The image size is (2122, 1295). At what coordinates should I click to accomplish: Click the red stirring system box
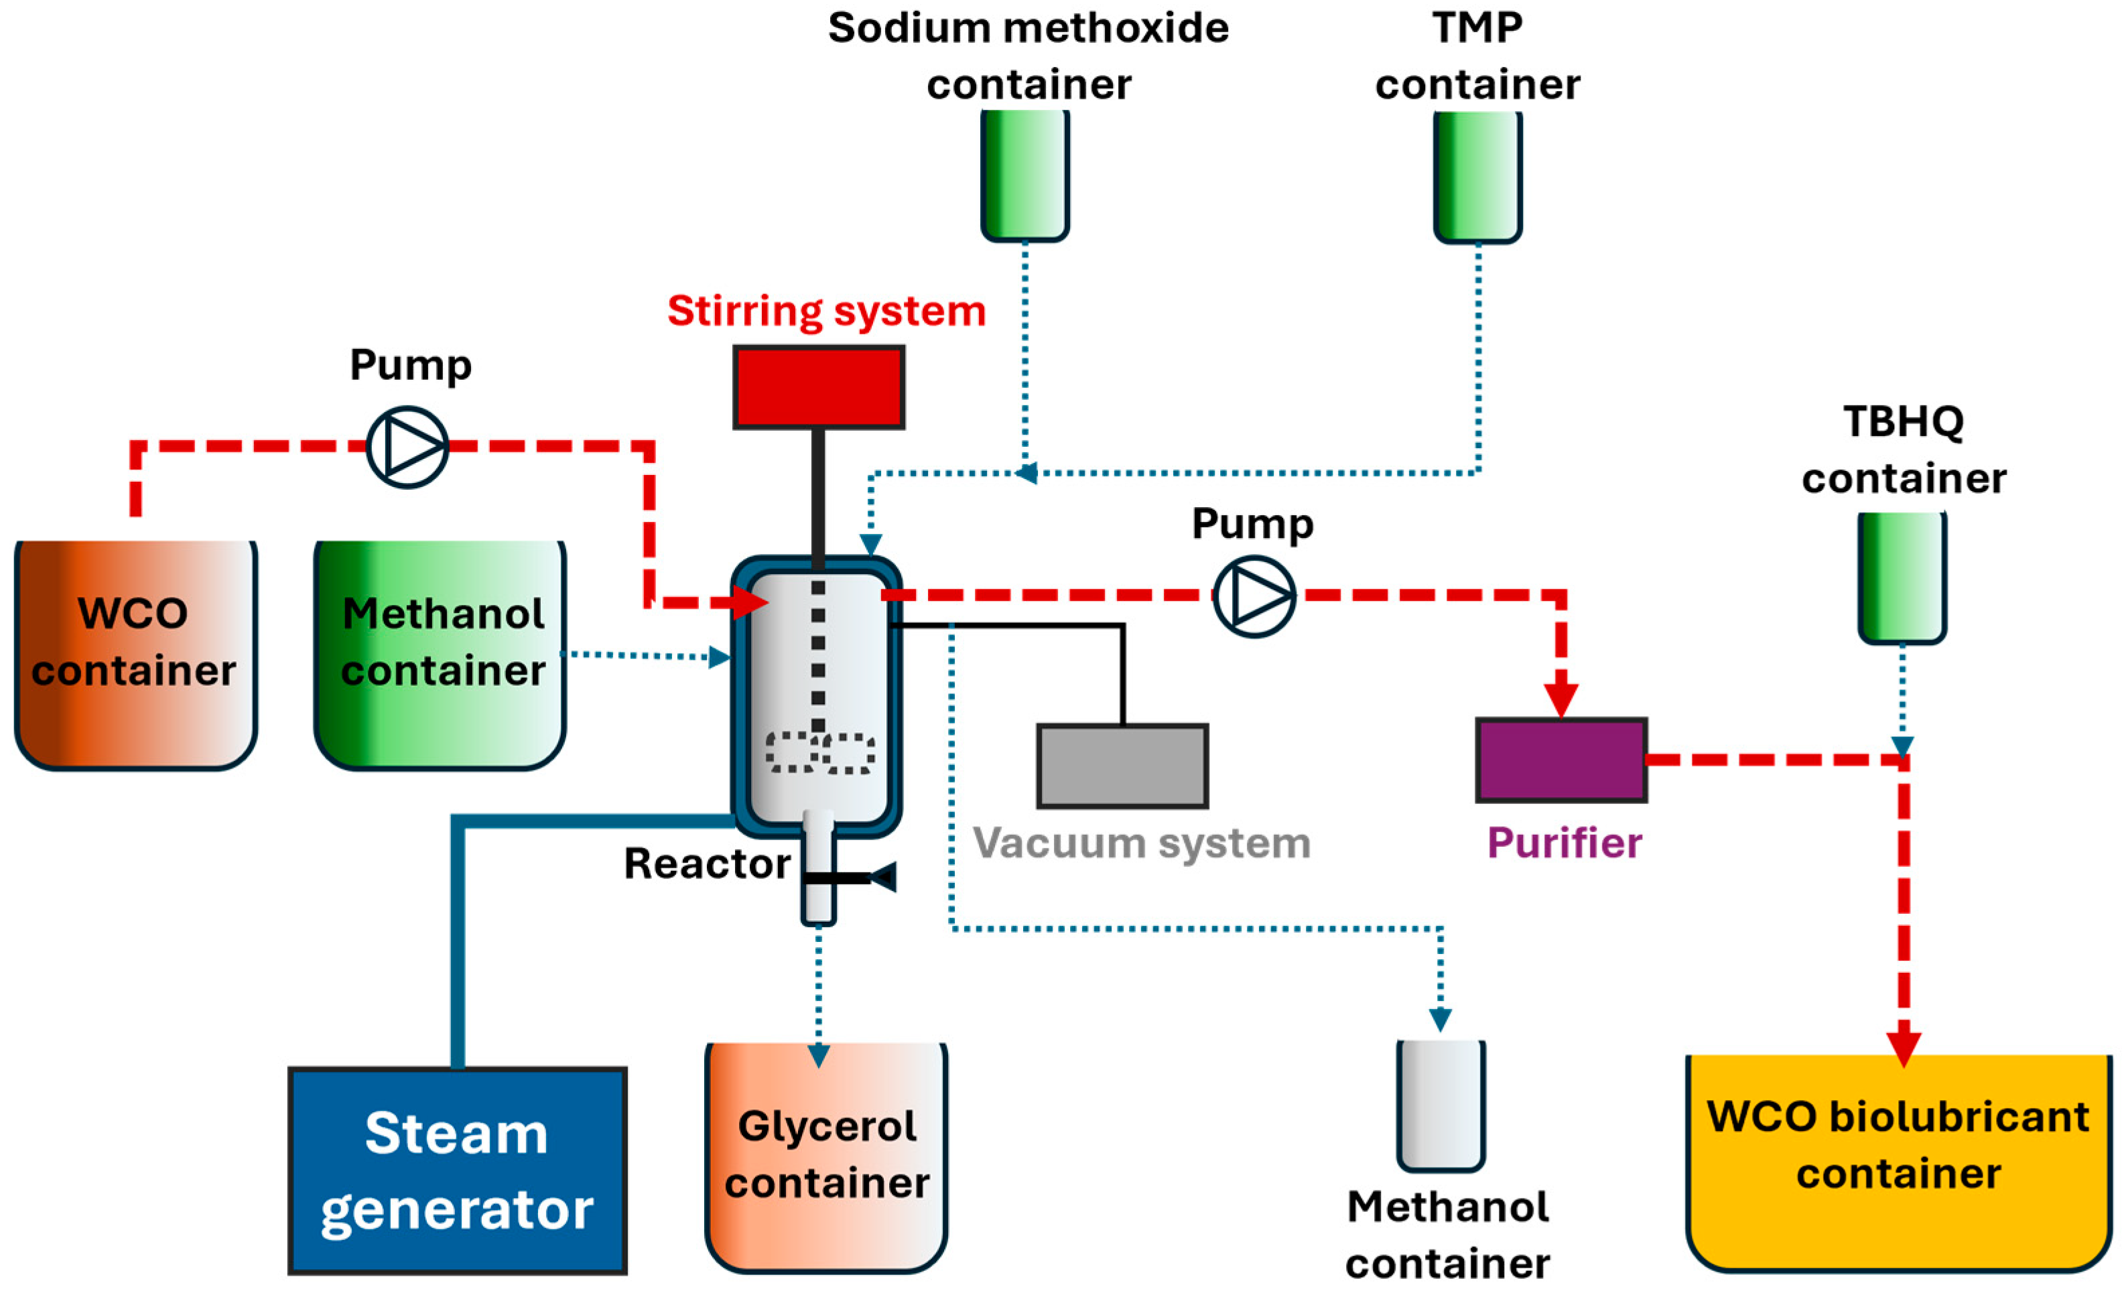pos(818,387)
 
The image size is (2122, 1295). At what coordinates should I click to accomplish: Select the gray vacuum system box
pos(1122,766)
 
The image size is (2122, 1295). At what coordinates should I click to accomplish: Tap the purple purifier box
pos(1561,760)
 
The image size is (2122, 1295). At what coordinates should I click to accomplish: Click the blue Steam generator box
pos(457,1171)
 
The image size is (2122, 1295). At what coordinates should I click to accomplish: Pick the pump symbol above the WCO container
pos(407,447)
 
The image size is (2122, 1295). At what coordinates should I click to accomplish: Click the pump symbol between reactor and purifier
pos(1254,596)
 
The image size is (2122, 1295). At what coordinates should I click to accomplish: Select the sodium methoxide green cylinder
pos(1025,175)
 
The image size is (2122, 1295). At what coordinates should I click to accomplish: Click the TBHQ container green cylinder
pos(1902,577)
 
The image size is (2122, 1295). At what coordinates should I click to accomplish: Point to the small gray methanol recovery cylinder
pos(1441,1105)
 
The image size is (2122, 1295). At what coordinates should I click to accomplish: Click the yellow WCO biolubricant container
pos(1899,1162)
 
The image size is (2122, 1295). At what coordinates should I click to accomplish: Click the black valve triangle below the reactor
pos(884,878)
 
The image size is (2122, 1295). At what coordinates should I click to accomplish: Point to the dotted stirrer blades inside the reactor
pos(820,752)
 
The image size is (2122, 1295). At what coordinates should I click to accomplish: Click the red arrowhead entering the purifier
pos(1561,699)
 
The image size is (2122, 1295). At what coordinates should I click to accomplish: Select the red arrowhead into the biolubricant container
pos(1904,1047)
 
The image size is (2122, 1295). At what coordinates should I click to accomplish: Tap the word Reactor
pos(707,864)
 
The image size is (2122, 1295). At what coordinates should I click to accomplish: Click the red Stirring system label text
pos(826,311)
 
